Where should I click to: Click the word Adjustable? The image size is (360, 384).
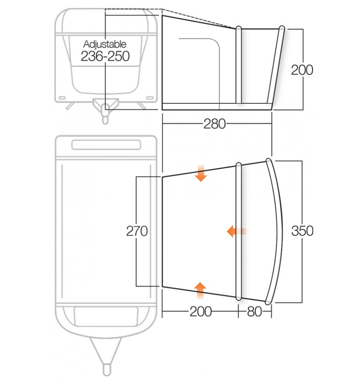click(105, 44)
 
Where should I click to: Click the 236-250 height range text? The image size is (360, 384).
click(105, 56)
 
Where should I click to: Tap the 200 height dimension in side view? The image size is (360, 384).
click(302, 70)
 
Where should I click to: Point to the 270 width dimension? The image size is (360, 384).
click(137, 231)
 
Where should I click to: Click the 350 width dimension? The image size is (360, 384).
click(302, 231)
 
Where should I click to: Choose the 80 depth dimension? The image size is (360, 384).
click(254, 312)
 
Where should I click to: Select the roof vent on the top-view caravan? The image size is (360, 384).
click(106, 144)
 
